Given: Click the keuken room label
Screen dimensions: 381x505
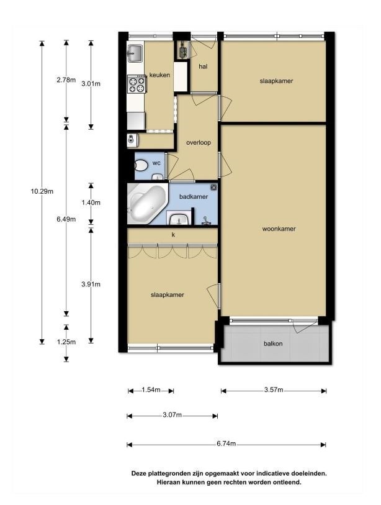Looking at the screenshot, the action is [159, 75].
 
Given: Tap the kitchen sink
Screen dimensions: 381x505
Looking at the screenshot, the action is [135, 53].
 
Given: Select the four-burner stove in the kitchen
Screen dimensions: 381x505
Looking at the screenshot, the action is [137, 84].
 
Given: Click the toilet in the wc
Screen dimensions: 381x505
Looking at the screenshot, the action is [141, 166].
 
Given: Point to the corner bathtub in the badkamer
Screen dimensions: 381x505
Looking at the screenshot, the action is [146, 204].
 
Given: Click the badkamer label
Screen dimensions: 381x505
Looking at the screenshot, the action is [194, 196].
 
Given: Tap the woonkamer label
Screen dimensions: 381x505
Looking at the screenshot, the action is [279, 229].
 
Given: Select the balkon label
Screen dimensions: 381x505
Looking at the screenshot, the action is [273, 343].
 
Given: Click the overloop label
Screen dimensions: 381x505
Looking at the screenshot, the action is [199, 142].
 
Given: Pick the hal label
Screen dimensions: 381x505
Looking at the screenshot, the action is [203, 66].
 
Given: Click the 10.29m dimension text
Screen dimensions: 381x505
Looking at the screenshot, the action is [42, 191].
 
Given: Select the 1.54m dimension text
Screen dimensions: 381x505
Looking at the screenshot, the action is [151, 390].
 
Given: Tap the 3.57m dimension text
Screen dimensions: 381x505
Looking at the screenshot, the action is [274, 390].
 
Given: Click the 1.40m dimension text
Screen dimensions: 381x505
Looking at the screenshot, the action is [91, 202].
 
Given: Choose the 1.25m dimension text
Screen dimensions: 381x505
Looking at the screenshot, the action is [66, 342].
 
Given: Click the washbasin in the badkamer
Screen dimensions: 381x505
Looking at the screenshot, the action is [179, 219].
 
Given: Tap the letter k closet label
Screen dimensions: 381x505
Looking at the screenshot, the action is [173, 235].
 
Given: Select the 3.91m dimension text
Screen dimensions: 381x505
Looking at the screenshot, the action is [91, 284].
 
